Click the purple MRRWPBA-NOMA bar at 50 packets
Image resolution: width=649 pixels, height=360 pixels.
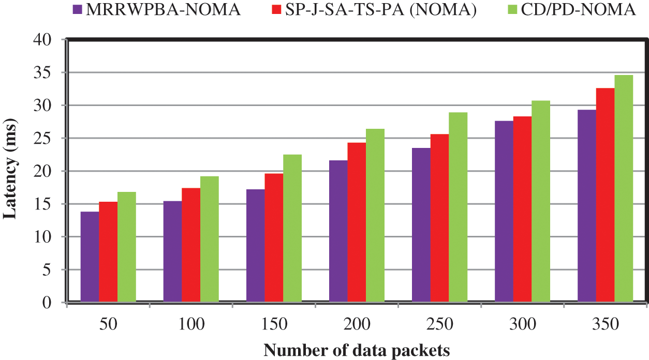pos(90,257)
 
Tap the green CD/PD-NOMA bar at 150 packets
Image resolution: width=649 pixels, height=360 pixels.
pos(292,228)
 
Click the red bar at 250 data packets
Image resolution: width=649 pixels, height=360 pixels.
pos(439,218)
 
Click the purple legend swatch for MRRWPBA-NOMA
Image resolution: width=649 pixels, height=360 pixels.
pos(78,10)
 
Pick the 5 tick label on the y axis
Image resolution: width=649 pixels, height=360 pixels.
pos(53,269)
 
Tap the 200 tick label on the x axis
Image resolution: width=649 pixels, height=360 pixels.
pos(357,324)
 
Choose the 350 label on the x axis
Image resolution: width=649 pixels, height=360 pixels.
pos(605,324)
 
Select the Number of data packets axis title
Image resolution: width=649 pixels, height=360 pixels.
pos(357,350)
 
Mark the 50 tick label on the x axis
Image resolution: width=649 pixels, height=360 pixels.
pos(108,324)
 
